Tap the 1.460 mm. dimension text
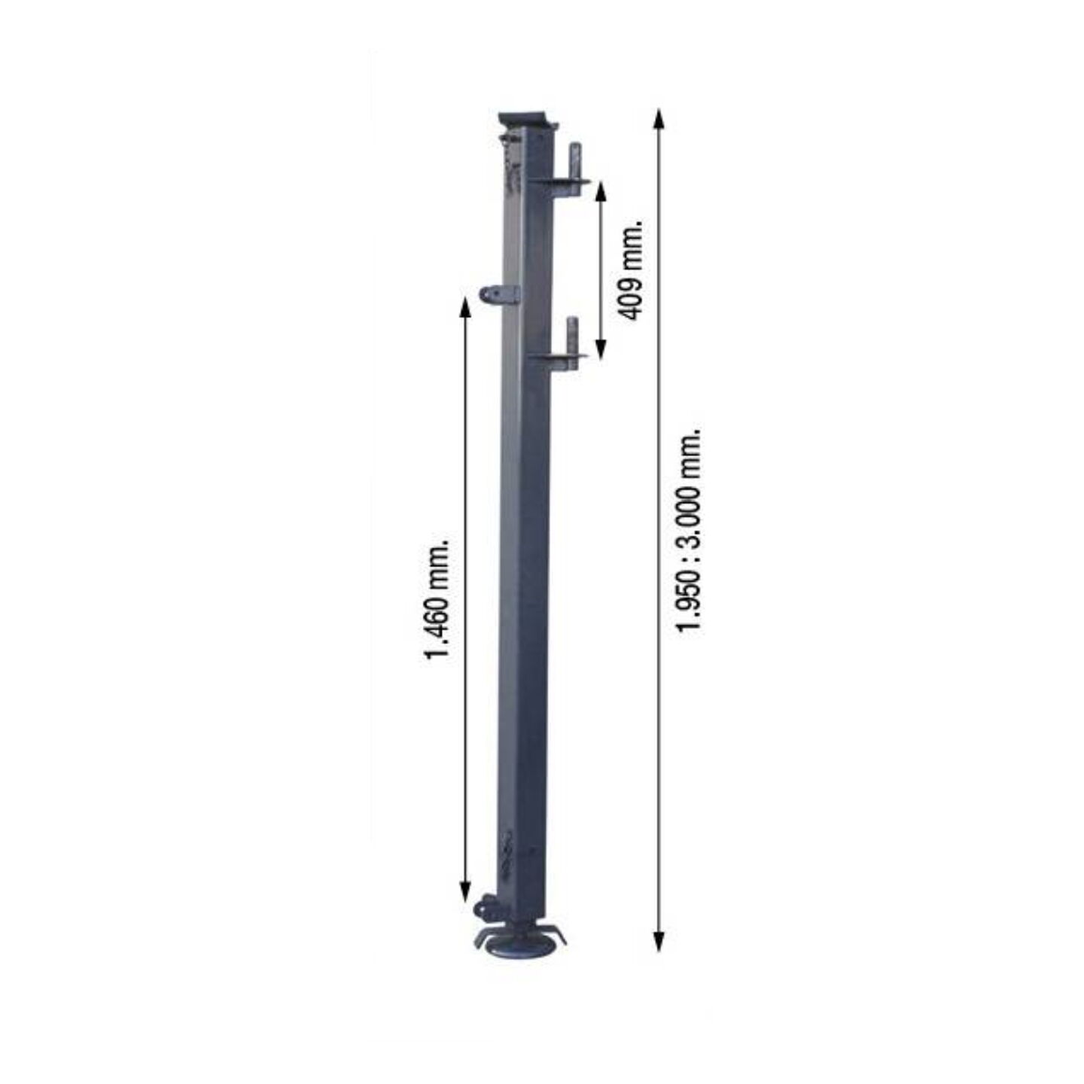point(438,598)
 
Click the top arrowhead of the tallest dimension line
point(659,120)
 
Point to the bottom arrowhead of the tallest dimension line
point(659,939)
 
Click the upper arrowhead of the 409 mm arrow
point(601,193)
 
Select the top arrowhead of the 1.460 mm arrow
point(464,307)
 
